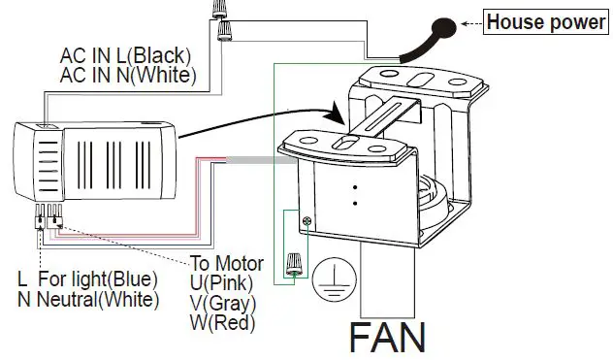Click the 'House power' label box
(x=545, y=20)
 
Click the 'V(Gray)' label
(x=224, y=302)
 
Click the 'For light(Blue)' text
(x=98, y=280)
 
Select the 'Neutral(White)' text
(x=96, y=300)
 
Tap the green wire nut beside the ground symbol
(x=292, y=264)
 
